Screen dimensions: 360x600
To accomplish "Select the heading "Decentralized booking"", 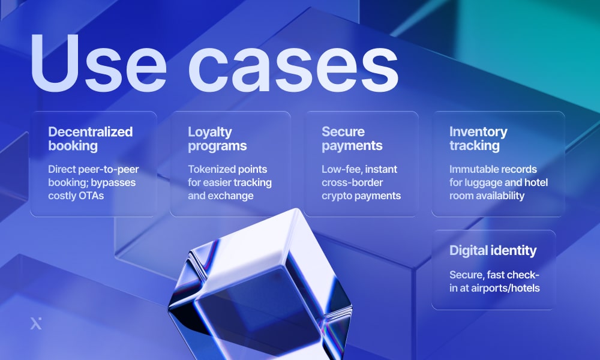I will coord(91,139).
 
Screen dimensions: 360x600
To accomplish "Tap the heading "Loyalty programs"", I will coord(217,139).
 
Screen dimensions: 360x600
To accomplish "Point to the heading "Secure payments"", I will coord(352,139).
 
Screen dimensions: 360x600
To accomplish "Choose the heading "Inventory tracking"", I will coord(478,139).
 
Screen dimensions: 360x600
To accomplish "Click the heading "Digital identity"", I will coord(493,251).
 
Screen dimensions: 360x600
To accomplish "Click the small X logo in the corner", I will coord(35,324).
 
